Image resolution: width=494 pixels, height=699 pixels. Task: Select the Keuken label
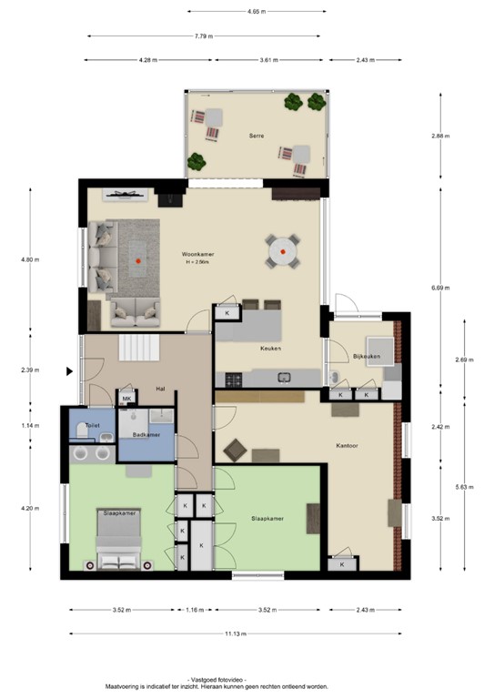pyautogui.click(x=269, y=349)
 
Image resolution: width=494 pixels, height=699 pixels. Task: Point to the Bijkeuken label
pyautogui.click(x=366, y=357)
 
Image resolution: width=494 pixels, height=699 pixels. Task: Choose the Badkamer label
pyautogui.click(x=146, y=435)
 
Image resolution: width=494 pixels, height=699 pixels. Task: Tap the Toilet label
pyautogui.click(x=92, y=425)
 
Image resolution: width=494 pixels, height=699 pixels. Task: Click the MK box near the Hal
pyautogui.click(x=127, y=399)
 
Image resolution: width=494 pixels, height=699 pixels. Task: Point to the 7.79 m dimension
pyautogui.click(x=204, y=36)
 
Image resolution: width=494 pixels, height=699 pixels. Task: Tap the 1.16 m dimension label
pyautogui.click(x=194, y=611)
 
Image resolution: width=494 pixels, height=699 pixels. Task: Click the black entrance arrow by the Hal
pyautogui.click(x=69, y=370)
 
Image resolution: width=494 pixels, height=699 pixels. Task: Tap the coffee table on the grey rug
pyautogui.click(x=137, y=260)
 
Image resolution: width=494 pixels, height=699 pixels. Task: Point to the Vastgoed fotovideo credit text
pyautogui.click(x=215, y=679)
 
